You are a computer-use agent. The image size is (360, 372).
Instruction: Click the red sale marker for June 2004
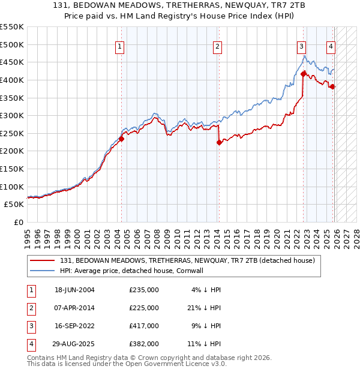click(x=121, y=139)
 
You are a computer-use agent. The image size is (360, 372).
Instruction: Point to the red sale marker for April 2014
click(x=219, y=142)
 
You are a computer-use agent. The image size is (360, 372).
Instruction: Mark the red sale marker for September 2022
click(x=304, y=74)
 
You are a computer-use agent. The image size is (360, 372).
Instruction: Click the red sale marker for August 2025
click(x=332, y=86)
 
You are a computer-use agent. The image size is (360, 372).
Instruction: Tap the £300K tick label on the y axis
click(x=11, y=115)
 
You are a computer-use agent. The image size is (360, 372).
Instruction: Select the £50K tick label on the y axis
click(x=14, y=204)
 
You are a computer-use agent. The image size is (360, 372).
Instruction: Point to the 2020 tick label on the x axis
click(x=277, y=234)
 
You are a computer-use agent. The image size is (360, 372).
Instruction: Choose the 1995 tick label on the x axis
click(x=27, y=234)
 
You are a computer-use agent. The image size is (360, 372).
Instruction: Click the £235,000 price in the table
click(x=144, y=290)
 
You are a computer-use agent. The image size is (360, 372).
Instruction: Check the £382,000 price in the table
click(x=144, y=344)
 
